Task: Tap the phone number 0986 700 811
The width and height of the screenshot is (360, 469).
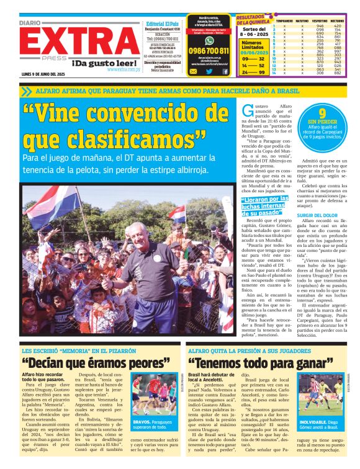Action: [209, 51]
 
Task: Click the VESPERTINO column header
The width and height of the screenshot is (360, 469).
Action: [320, 21]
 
